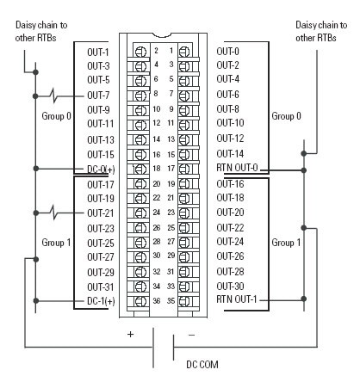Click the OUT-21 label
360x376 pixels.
(x=100, y=213)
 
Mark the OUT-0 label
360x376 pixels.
(x=228, y=51)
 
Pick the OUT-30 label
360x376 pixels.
(x=231, y=286)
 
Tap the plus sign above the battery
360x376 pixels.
(x=131, y=333)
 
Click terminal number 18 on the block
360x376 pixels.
(x=157, y=168)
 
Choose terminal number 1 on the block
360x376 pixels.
(x=171, y=51)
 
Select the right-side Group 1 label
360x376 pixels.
(x=286, y=243)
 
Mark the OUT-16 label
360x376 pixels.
(x=231, y=183)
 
